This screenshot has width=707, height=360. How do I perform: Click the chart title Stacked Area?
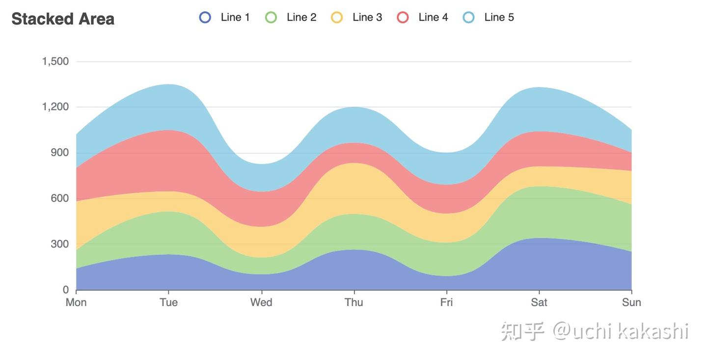pos(63,19)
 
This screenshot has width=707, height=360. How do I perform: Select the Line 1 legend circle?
pos(205,17)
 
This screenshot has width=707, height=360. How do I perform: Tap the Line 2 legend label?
pos(301,17)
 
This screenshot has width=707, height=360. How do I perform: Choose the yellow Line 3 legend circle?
pos(337,17)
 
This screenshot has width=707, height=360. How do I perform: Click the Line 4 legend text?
pos(433,17)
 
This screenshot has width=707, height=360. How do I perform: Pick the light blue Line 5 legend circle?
pos(469,17)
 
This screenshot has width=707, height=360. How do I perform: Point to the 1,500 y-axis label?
pos(55,61)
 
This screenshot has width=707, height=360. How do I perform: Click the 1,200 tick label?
pos(55,107)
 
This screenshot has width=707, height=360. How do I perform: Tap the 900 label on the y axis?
pos(59,153)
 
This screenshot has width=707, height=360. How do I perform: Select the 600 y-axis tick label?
pos(59,198)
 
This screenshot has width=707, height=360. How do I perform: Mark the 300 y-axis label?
pos(59,244)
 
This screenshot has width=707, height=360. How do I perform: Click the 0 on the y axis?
pos(65,290)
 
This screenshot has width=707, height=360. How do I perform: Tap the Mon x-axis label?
pos(76,302)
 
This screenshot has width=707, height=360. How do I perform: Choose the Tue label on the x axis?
pos(168,302)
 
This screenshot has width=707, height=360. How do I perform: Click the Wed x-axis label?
pos(261,302)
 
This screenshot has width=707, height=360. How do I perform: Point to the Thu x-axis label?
pos(353,302)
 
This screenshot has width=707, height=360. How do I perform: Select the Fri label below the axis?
pos(446,302)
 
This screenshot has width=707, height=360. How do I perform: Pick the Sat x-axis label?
pos(539,302)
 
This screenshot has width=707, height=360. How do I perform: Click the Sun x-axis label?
pos(631,302)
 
